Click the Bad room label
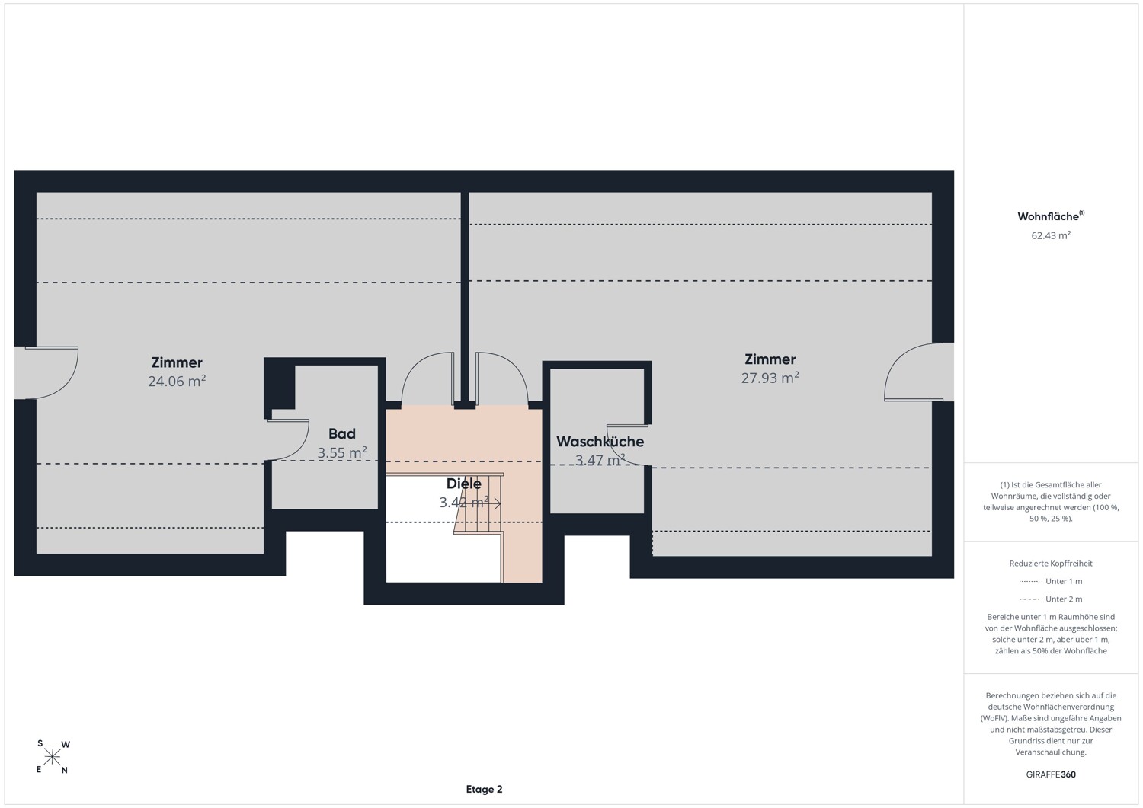point(342,433)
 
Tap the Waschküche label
point(600,441)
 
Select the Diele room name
point(464,484)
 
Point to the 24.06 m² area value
point(177,381)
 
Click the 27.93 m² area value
point(770,378)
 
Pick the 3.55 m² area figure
point(342,452)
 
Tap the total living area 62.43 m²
point(1051,235)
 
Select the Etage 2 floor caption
point(484,789)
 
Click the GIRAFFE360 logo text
point(1051,774)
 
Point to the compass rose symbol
point(53,757)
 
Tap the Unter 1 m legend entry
point(1051,581)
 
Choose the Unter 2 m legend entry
point(1051,599)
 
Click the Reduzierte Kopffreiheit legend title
point(1051,563)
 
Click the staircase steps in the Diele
point(479,503)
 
